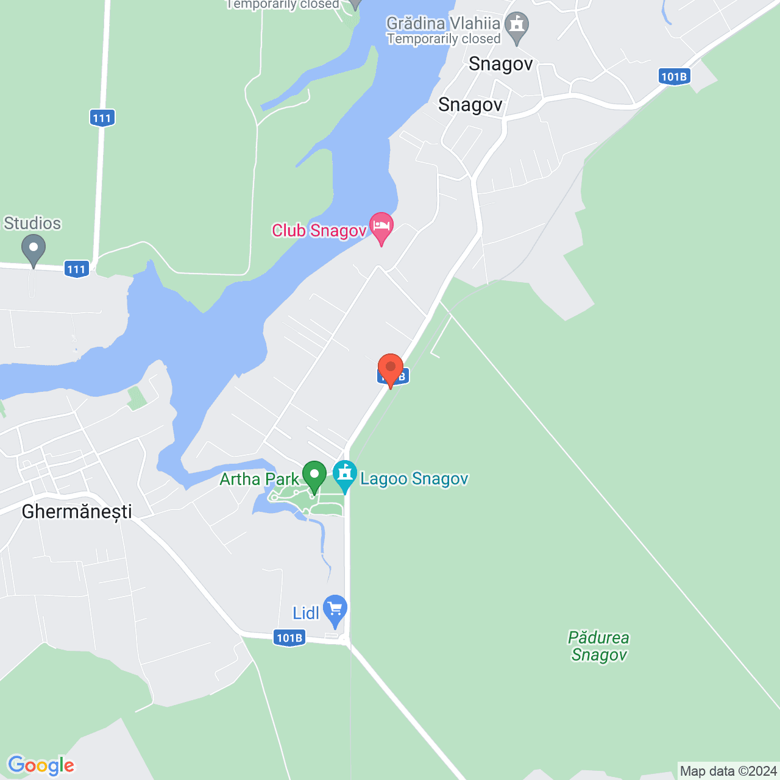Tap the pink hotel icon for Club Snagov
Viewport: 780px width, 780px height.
click(381, 227)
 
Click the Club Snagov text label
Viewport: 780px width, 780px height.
click(319, 230)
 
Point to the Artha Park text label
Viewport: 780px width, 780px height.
click(260, 479)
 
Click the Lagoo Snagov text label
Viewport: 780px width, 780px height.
click(414, 479)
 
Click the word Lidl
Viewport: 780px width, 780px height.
click(306, 613)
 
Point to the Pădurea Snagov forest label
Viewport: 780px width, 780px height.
click(599, 647)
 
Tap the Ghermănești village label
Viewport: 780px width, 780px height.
click(77, 511)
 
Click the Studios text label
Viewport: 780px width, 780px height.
click(32, 224)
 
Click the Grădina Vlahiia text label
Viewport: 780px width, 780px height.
click(444, 24)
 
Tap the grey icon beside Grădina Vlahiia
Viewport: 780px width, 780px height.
click(517, 26)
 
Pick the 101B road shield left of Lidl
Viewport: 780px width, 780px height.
click(289, 638)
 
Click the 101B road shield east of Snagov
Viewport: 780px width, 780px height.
click(674, 77)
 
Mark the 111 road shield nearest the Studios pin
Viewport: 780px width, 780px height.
click(77, 269)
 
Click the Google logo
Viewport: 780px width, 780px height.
click(41, 765)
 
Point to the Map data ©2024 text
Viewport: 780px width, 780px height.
click(728, 771)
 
